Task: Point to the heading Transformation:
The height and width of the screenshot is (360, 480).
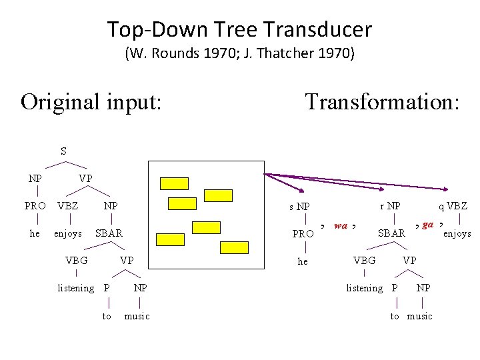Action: [382, 101]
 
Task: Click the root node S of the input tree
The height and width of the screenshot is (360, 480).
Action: [63, 151]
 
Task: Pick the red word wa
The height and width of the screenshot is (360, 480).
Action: [341, 225]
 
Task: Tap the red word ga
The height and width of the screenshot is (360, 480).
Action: [428, 224]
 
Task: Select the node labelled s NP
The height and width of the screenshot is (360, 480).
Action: [299, 207]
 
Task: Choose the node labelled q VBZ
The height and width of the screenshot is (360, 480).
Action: [453, 207]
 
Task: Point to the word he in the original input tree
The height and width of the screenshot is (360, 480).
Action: [35, 233]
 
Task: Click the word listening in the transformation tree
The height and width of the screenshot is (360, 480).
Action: [364, 288]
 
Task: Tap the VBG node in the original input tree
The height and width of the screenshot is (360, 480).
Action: [76, 260]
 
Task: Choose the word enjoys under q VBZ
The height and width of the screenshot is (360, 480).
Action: [457, 233]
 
